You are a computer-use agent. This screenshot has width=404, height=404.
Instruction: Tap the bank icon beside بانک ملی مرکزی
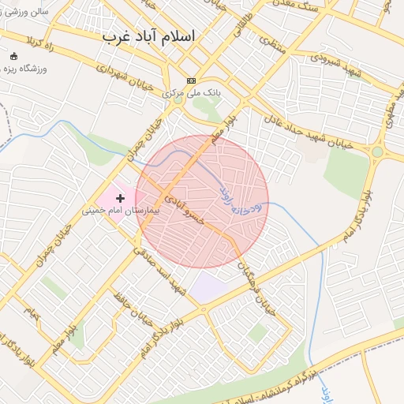191,80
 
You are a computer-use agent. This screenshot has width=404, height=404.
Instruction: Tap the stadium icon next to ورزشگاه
13,56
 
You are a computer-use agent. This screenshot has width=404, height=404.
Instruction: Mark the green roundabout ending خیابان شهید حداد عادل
377,151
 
